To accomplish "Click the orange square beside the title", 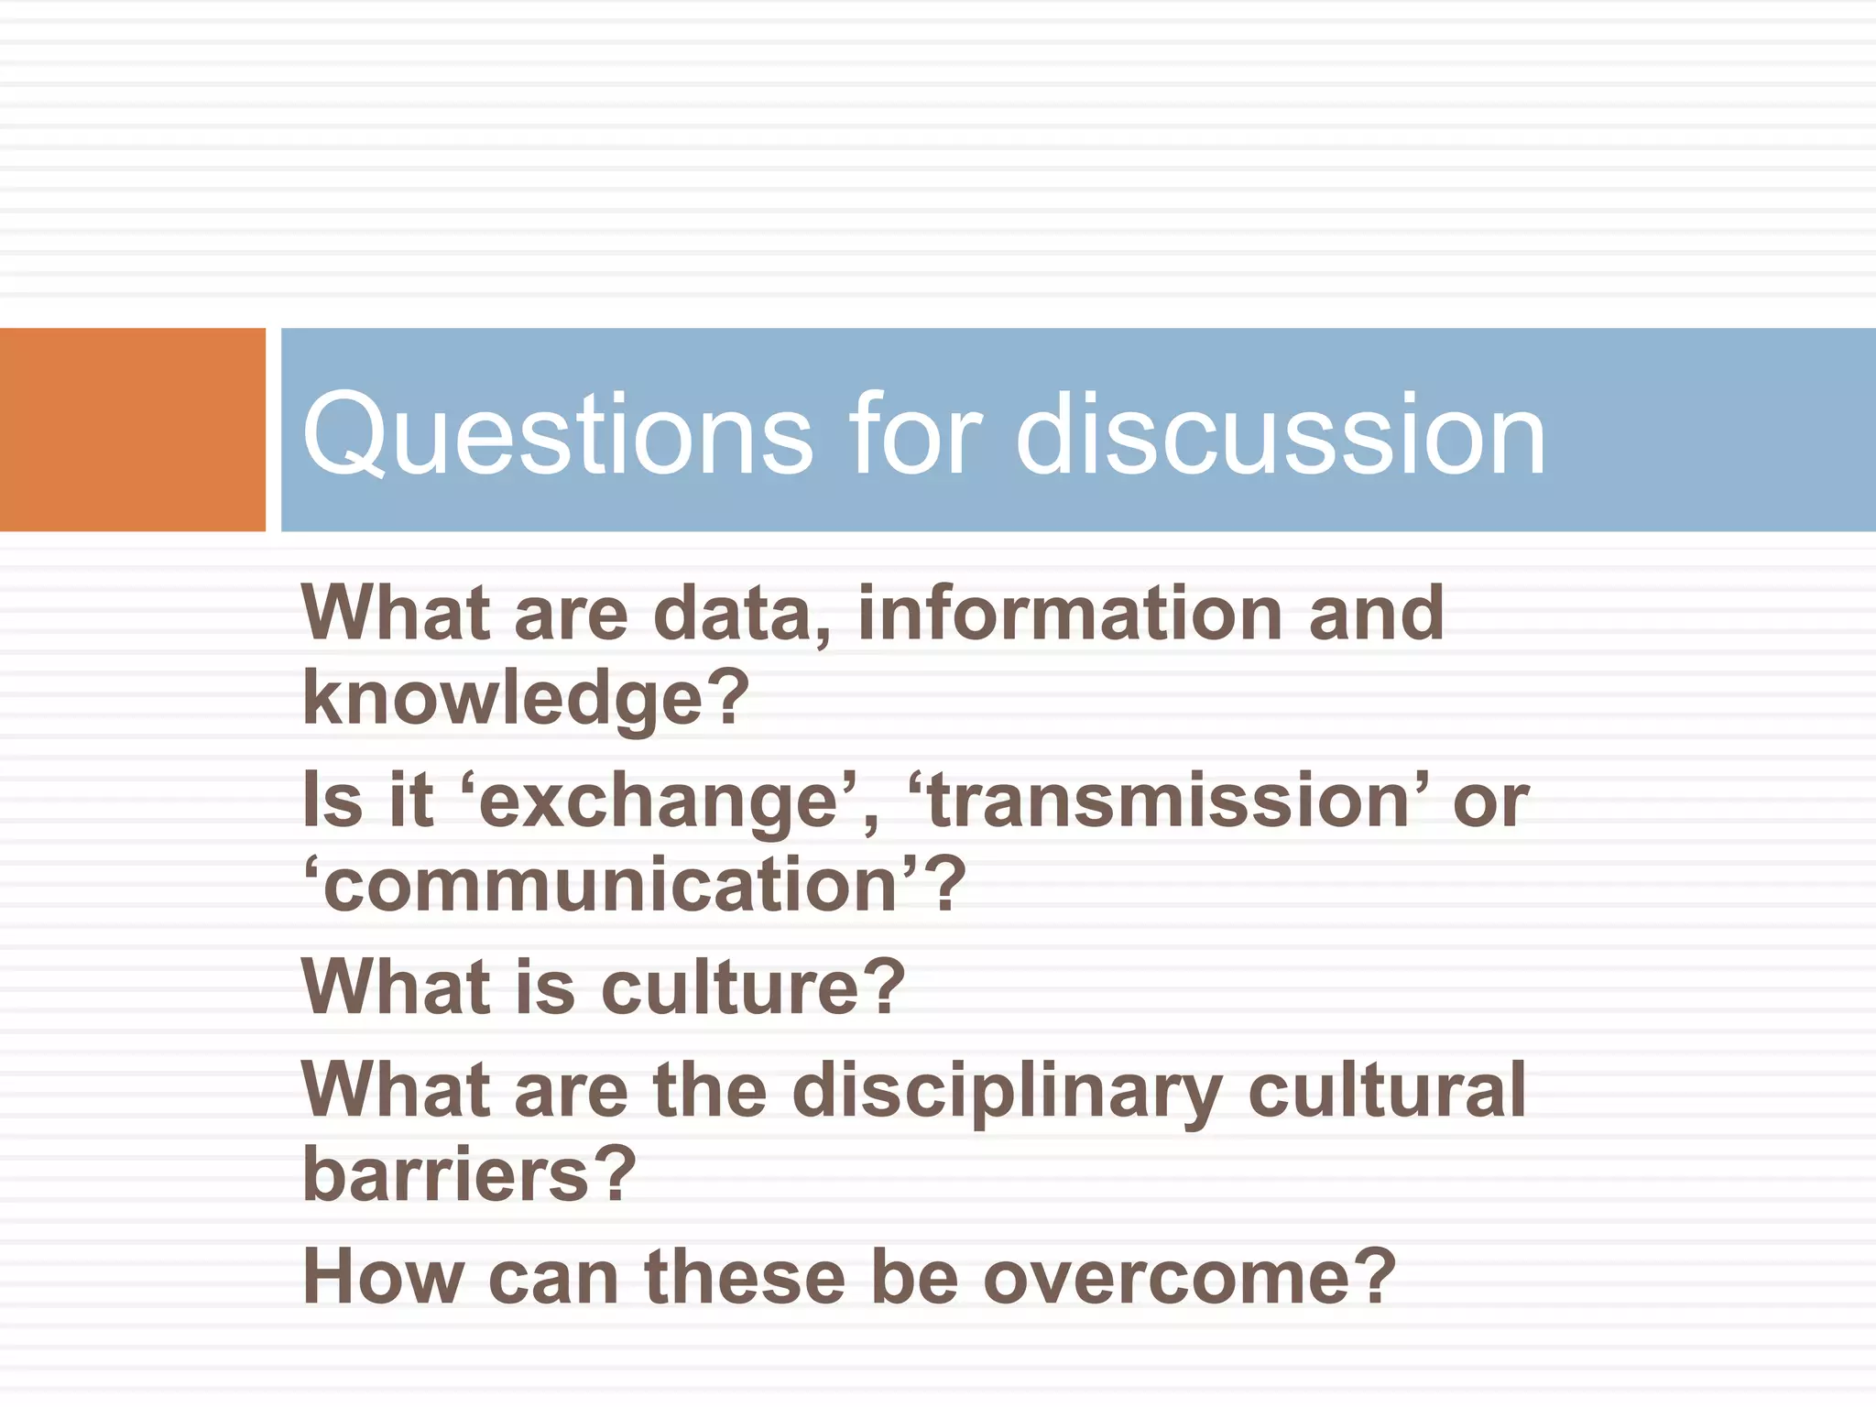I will (132, 429).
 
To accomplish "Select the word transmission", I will (1168, 802).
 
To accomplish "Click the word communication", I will (610, 886).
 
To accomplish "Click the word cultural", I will (1387, 1090).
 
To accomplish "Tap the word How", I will (383, 1278).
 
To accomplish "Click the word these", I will (745, 1278).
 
